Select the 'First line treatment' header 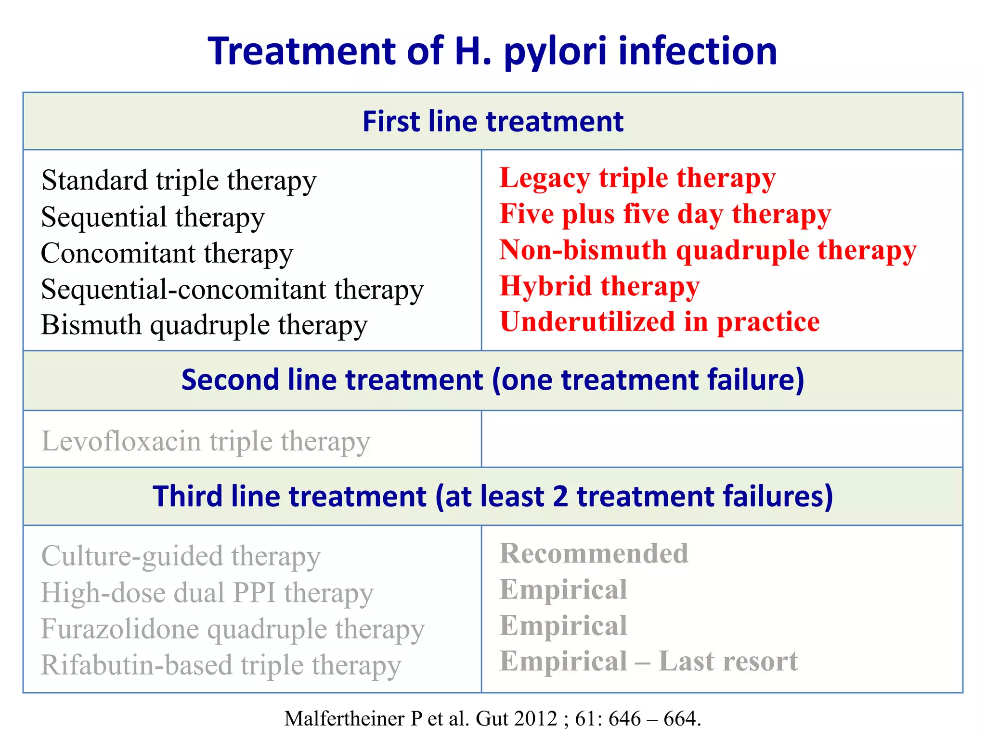tap(493, 121)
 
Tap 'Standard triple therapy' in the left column tap(179, 181)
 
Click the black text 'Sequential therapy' tap(153, 217)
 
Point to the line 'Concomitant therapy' tap(167, 254)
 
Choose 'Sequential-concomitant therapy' tap(232, 290)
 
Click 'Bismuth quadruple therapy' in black tap(204, 325)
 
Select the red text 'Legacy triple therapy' tap(637, 178)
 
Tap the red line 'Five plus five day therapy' tap(665, 214)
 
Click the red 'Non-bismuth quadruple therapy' tap(708, 250)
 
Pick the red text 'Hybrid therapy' tap(599, 286)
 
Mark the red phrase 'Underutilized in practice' tap(660, 322)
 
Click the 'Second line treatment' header tap(493, 380)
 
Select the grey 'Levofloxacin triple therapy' tap(206, 441)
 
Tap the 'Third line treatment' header tap(493, 497)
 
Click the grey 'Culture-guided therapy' tap(181, 557)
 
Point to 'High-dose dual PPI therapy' tap(207, 593)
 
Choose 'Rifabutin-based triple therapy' tap(221, 665)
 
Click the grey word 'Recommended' tap(594, 554)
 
